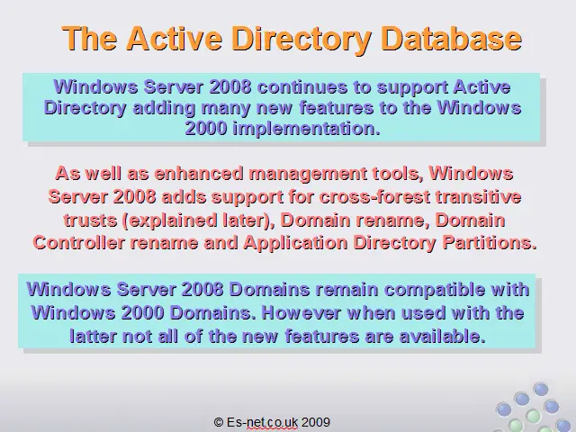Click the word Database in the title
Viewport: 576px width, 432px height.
coord(452,38)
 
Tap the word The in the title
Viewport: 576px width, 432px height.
coord(89,38)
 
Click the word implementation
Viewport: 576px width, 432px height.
coord(307,129)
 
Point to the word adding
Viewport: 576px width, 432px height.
coord(164,108)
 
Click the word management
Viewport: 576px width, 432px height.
coord(308,174)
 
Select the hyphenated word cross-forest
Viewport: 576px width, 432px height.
coord(374,196)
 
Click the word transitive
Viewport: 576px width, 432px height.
coord(478,196)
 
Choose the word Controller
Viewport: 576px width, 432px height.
coord(78,243)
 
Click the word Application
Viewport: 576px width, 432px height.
coord(295,243)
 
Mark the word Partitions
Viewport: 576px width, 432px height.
coord(490,243)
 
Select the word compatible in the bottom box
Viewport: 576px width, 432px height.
coord(435,290)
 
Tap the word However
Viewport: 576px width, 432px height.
coord(301,313)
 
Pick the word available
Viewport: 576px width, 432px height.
coord(442,337)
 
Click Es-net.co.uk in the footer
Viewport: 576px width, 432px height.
coord(262,422)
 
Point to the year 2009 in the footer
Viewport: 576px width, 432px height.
coord(316,422)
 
